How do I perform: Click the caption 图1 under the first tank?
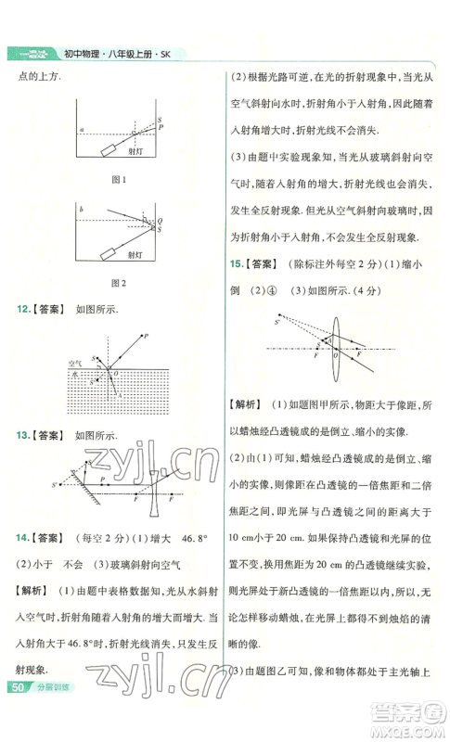point(118,178)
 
